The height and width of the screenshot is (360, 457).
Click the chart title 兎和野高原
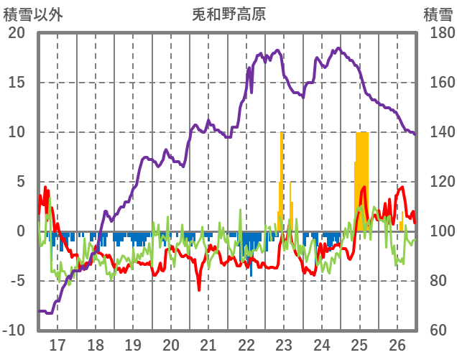228,14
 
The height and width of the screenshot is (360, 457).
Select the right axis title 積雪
438,14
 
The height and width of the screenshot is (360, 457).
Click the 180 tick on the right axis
438,33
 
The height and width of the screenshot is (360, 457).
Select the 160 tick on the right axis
438,83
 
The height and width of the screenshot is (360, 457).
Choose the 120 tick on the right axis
438,182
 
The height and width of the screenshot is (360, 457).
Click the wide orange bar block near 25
361,172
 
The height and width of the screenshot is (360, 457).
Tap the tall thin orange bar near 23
282,180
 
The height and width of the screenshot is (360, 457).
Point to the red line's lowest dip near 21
199,289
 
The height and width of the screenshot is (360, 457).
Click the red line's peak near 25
364,188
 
